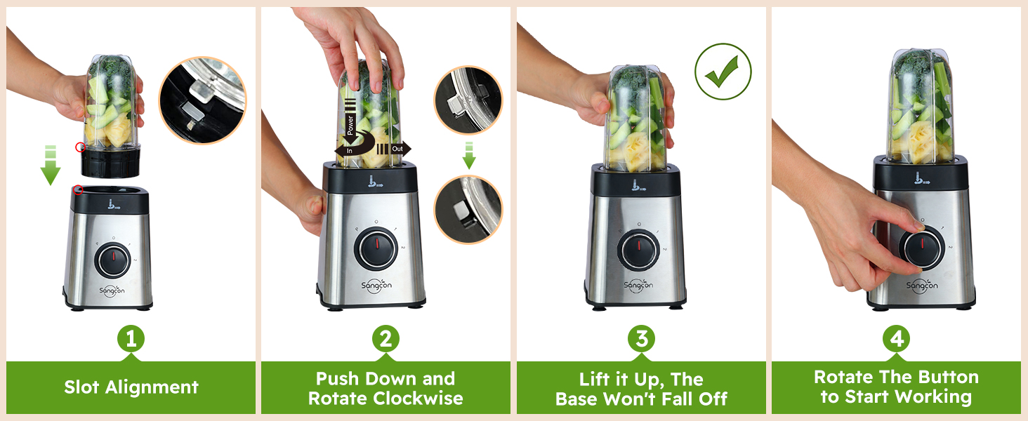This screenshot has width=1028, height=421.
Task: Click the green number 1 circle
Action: [x=131, y=340]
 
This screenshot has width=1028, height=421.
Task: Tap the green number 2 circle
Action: [x=385, y=340]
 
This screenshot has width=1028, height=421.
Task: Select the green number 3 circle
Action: [x=641, y=340]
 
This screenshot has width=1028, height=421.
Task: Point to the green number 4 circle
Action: [x=897, y=340]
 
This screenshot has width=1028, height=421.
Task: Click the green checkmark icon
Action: [x=723, y=72]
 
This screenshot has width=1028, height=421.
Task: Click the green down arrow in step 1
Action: [x=50, y=166]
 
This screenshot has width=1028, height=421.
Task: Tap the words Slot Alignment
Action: [x=131, y=387]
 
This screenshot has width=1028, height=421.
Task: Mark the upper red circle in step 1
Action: [x=81, y=147]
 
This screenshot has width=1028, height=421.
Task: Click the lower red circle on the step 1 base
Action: [x=78, y=189]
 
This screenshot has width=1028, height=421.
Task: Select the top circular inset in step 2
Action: [x=468, y=100]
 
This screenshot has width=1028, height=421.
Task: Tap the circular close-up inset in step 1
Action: [x=202, y=100]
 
